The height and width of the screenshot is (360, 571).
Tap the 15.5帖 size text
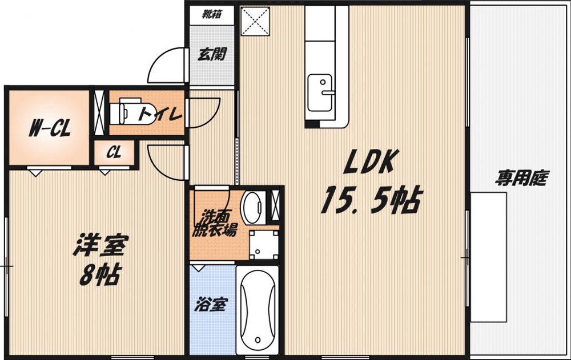(371, 201)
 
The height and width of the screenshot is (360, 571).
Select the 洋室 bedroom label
(100, 246)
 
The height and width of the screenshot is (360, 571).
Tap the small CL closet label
(114, 153)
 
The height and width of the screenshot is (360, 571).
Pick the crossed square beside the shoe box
(255, 22)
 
